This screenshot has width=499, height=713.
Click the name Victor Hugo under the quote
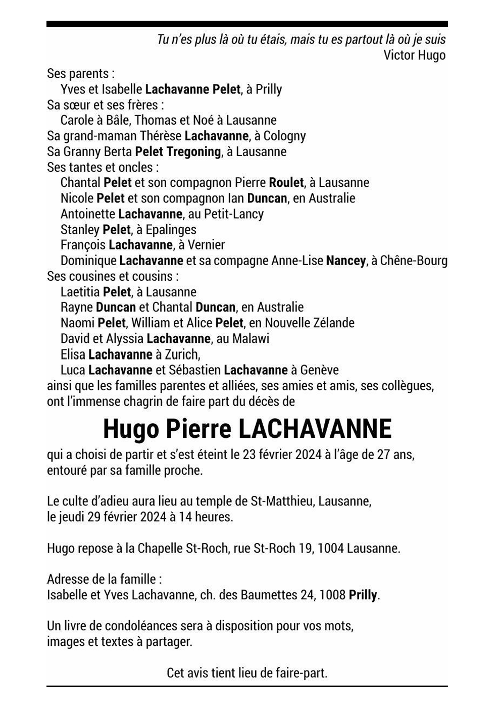click(414, 55)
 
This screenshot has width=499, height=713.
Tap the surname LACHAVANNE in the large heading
click(314, 429)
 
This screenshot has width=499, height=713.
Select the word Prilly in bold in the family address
click(363, 595)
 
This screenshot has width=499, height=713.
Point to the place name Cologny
click(284, 136)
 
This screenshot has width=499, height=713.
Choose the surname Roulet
click(286, 182)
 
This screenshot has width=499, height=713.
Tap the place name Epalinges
click(171, 230)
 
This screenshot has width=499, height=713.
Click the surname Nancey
click(345, 261)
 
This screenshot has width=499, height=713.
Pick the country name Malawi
click(251, 338)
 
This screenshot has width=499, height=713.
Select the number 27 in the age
click(383, 454)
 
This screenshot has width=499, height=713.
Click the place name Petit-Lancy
click(233, 214)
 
